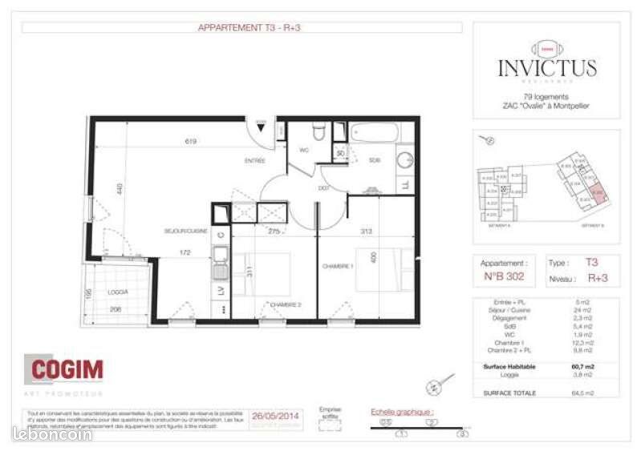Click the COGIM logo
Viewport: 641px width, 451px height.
coord(67,369)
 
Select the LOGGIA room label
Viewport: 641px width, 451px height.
coord(120,292)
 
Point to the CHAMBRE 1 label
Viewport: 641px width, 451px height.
coord(339,266)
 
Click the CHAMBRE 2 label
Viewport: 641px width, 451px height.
coord(285,304)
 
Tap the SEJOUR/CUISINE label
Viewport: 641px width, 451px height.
coord(186,231)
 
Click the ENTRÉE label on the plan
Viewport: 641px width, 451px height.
coord(254,161)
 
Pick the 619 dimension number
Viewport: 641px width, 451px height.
coord(189,142)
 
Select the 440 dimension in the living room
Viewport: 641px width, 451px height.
coord(118,191)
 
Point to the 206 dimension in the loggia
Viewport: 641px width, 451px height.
coord(116,308)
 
